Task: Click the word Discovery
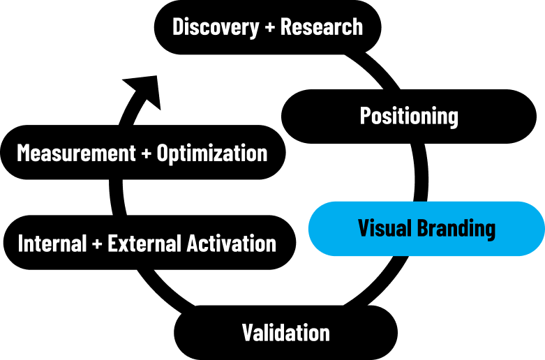click(x=216, y=27)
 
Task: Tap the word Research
click(x=322, y=27)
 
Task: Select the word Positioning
click(x=409, y=116)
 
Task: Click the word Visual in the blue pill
click(x=382, y=228)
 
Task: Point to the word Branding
click(x=456, y=229)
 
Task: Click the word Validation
click(x=285, y=333)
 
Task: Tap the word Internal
click(x=52, y=243)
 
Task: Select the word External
click(x=145, y=243)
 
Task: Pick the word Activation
click(x=232, y=243)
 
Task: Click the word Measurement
click(x=76, y=153)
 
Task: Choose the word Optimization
click(x=212, y=153)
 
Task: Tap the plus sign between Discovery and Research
click(x=270, y=27)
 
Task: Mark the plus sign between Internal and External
click(x=97, y=243)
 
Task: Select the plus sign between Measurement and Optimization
click(x=147, y=153)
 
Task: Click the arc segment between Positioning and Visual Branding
click(x=421, y=173)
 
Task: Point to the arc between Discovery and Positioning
click(x=376, y=70)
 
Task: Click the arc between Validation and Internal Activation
click(x=164, y=289)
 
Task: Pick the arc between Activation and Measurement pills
click(x=116, y=197)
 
